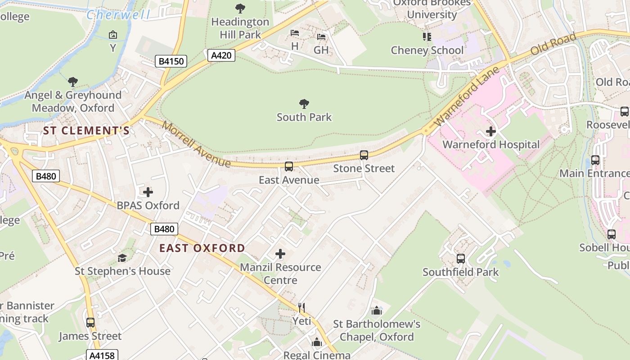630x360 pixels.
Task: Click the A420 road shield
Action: point(221,55)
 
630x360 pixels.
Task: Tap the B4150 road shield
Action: point(171,61)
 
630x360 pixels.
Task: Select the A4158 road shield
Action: point(102,355)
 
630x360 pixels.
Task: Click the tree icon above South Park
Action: point(304,104)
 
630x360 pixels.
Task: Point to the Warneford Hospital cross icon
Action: point(491,131)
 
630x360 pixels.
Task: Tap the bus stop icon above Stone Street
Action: point(364,155)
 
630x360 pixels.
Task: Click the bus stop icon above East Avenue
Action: point(289,166)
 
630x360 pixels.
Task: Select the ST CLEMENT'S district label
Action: point(86,131)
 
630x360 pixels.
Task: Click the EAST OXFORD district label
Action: point(202,248)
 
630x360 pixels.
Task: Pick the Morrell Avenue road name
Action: point(197,144)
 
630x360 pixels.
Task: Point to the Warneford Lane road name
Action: point(467,97)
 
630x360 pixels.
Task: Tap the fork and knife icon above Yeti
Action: point(301,308)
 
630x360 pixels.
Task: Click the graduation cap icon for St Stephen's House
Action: point(122,258)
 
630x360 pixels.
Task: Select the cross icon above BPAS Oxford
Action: point(148,192)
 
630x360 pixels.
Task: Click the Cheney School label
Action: point(427,50)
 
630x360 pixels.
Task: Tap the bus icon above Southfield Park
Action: point(460,259)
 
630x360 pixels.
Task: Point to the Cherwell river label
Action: point(118,15)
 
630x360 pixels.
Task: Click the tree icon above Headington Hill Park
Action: point(240,8)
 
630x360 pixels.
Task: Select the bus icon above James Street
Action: point(90,323)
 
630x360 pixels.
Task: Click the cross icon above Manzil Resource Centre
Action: point(280,254)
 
